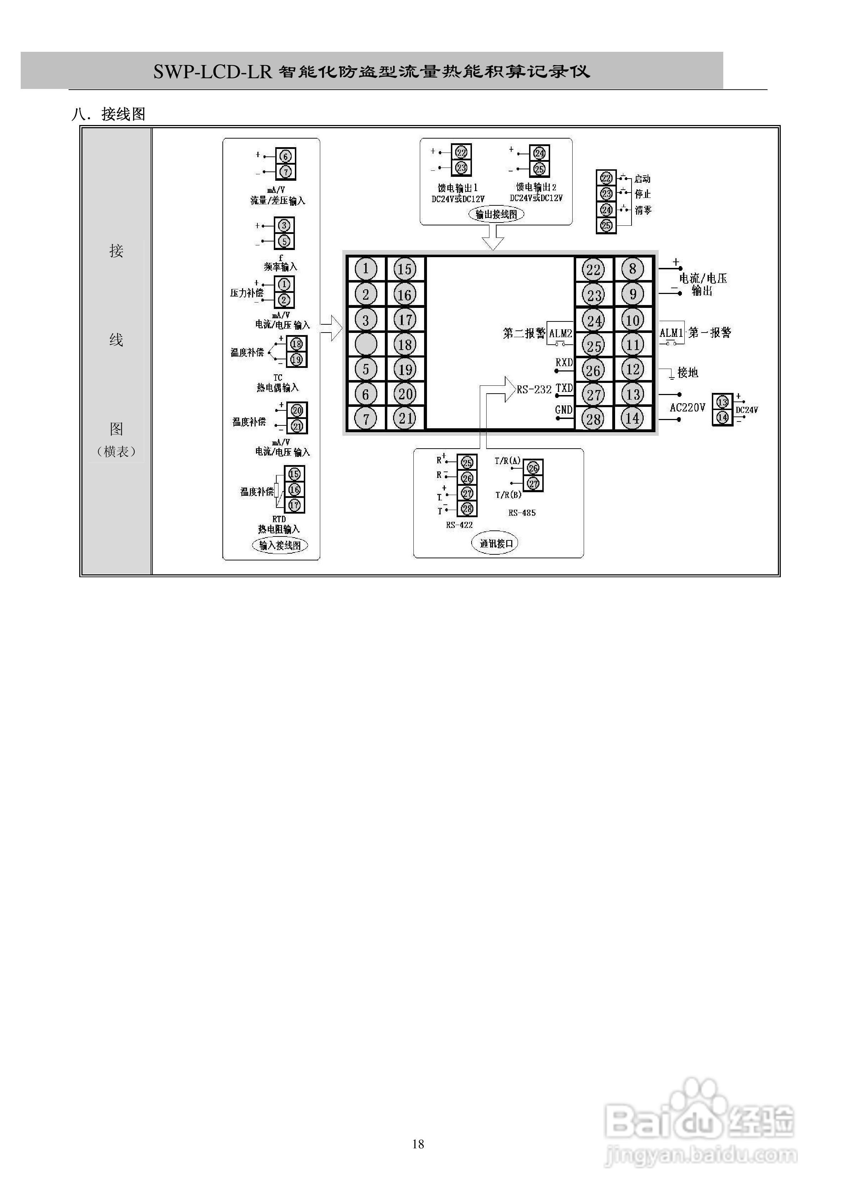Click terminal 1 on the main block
[366, 269]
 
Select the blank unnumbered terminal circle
[366, 345]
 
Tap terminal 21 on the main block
[405, 419]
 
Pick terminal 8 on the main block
[633, 269]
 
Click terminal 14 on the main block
[633, 418]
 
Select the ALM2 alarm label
[560, 334]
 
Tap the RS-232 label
[534, 390]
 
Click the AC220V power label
[688, 408]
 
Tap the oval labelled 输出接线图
[496, 214]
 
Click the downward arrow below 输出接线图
[493, 238]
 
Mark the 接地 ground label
[688, 373]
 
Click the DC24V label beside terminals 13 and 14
[747, 410]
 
